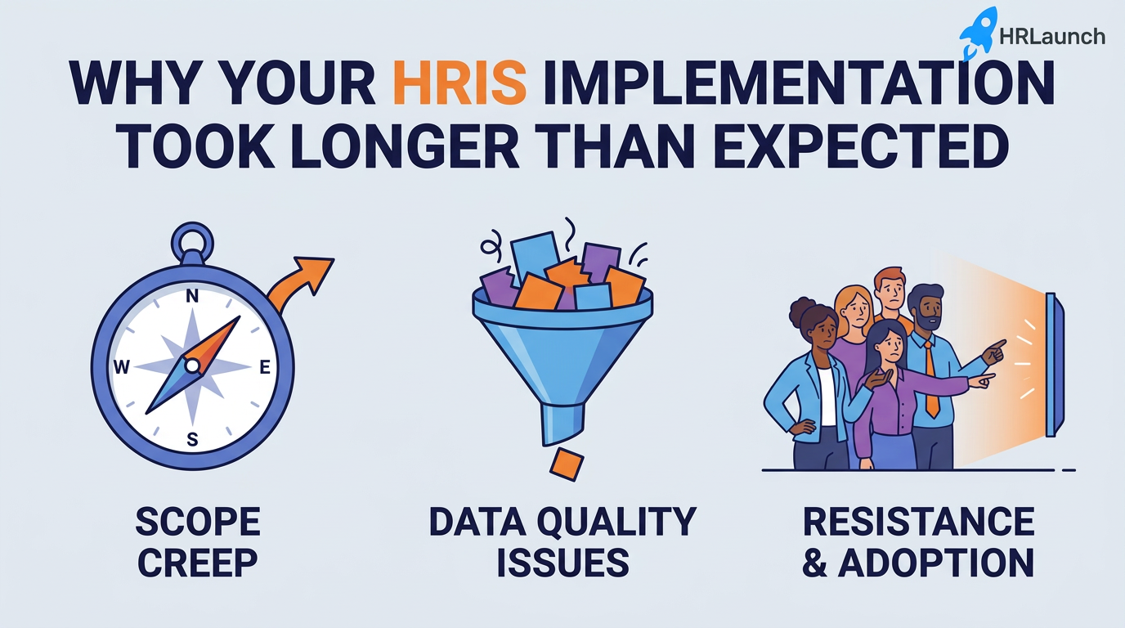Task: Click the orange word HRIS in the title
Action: click(459, 83)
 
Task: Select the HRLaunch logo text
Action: click(1051, 36)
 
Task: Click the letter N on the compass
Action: click(193, 297)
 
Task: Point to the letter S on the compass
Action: click(193, 439)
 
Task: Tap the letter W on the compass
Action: click(122, 368)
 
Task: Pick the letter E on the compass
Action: click(264, 368)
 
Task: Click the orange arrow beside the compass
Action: click(303, 282)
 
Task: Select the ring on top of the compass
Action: click(193, 243)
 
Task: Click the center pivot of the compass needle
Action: click(192, 366)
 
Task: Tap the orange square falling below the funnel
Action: click(566, 464)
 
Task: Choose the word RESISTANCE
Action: click(918, 522)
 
